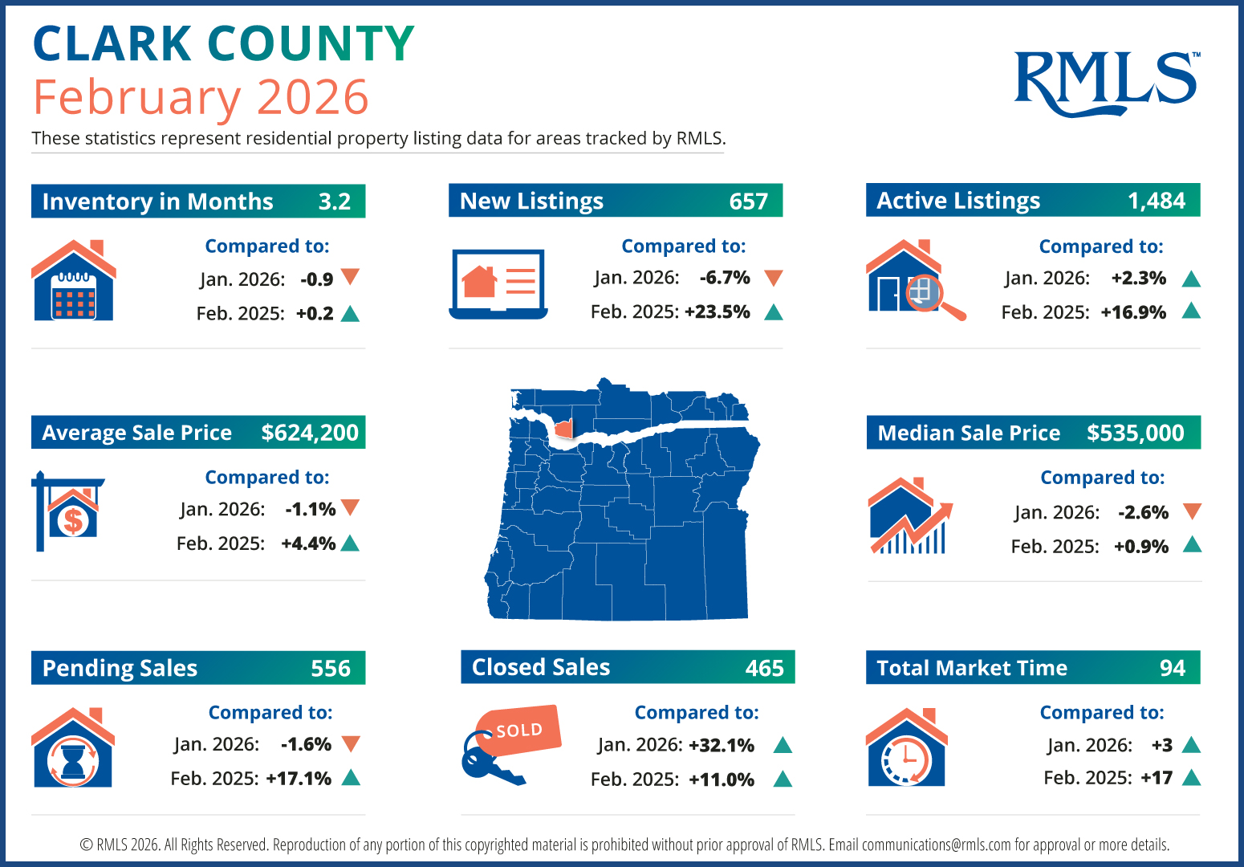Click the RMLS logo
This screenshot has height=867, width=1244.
coord(1106,82)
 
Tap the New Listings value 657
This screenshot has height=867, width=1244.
coord(748,201)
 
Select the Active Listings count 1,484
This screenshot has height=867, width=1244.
coord(1156,201)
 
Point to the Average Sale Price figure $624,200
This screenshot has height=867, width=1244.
coord(310,433)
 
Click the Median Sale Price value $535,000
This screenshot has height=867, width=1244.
coord(1135,433)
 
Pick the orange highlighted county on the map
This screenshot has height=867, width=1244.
coord(565,429)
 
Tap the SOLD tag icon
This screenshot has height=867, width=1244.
coord(518,731)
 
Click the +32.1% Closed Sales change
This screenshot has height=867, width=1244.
coord(722,746)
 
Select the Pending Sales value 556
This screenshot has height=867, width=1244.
coord(331,668)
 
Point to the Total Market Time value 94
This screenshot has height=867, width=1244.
coord(1172,668)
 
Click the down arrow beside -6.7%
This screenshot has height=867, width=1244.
coord(774,279)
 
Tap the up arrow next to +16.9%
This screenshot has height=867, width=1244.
coord(1191,311)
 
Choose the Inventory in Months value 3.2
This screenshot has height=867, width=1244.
coord(334,201)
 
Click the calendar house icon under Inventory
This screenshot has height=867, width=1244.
coord(74,281)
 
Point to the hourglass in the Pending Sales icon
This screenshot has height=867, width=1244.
coord(73,759)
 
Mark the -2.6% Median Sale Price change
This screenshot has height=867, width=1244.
coord(1143,512)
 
